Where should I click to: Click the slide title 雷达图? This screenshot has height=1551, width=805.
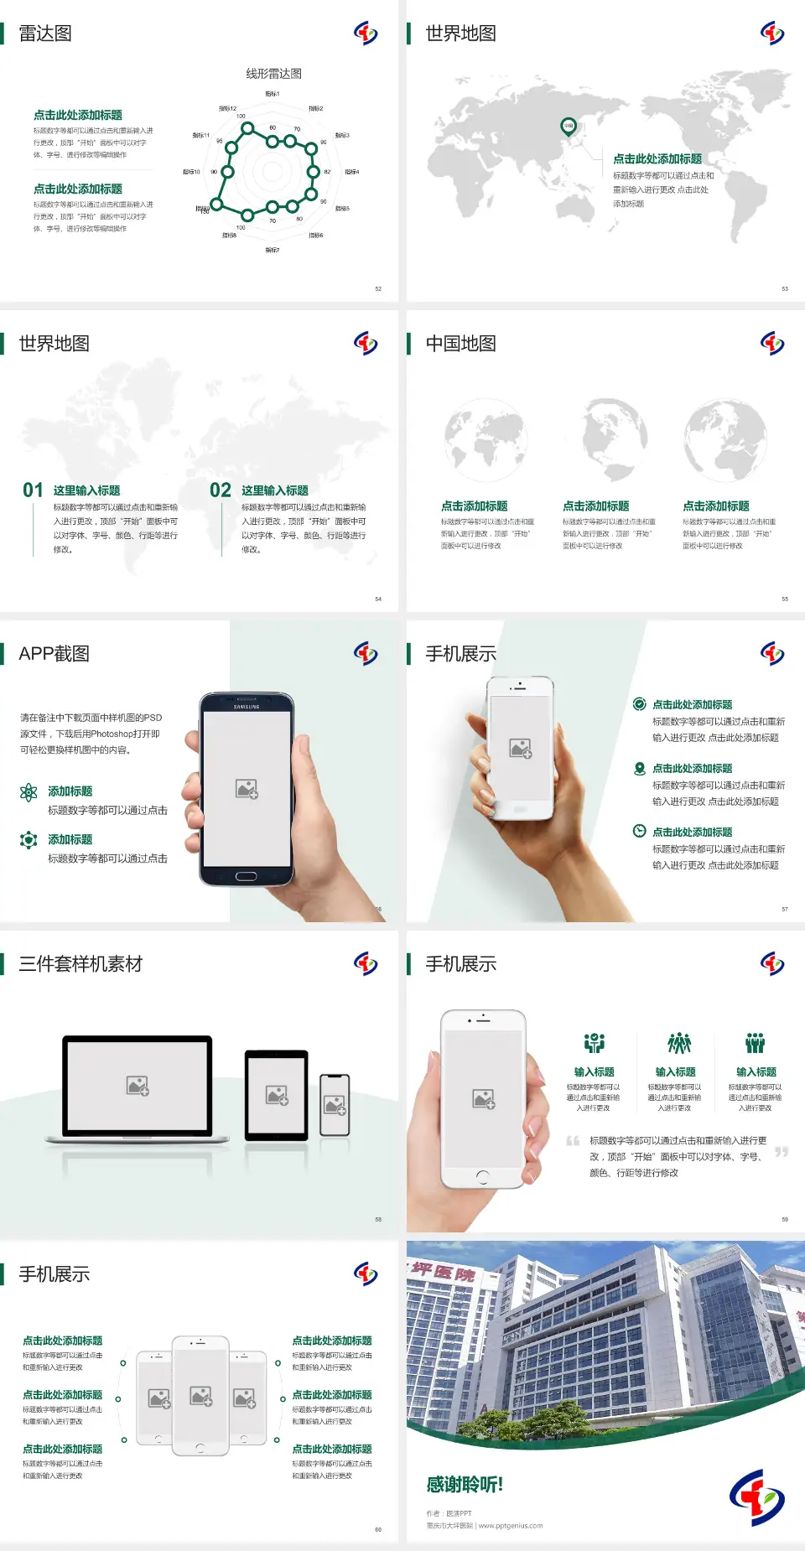point(45,34)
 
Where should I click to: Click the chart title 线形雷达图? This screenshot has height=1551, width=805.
point(273,74)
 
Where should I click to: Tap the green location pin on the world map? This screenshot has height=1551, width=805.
point(569,127)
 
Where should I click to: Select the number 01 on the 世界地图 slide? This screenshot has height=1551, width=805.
point(33,490)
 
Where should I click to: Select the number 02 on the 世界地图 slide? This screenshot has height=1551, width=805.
point(221,490)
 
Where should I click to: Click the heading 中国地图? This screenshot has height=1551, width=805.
point(460,344)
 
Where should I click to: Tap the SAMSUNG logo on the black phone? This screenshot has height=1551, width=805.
point(247,707)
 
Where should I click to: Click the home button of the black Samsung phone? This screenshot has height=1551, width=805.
point(246,876)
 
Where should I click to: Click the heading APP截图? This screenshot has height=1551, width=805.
point(54,654)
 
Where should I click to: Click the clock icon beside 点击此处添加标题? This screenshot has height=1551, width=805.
point(639,831)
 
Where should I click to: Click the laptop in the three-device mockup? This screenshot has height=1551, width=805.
point(138,1088)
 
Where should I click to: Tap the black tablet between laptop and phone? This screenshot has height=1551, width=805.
point(277,1095)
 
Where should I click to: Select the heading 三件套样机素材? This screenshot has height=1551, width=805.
point(80,964)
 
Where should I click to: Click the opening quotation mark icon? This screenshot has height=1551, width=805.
point(573,1141)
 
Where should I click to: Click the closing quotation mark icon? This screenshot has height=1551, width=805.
point(782,1152)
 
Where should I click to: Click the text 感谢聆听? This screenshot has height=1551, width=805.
point(465,1485)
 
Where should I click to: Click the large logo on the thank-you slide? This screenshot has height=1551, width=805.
point(756,1497)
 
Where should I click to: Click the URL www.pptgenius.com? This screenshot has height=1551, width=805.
point(511,1526)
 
